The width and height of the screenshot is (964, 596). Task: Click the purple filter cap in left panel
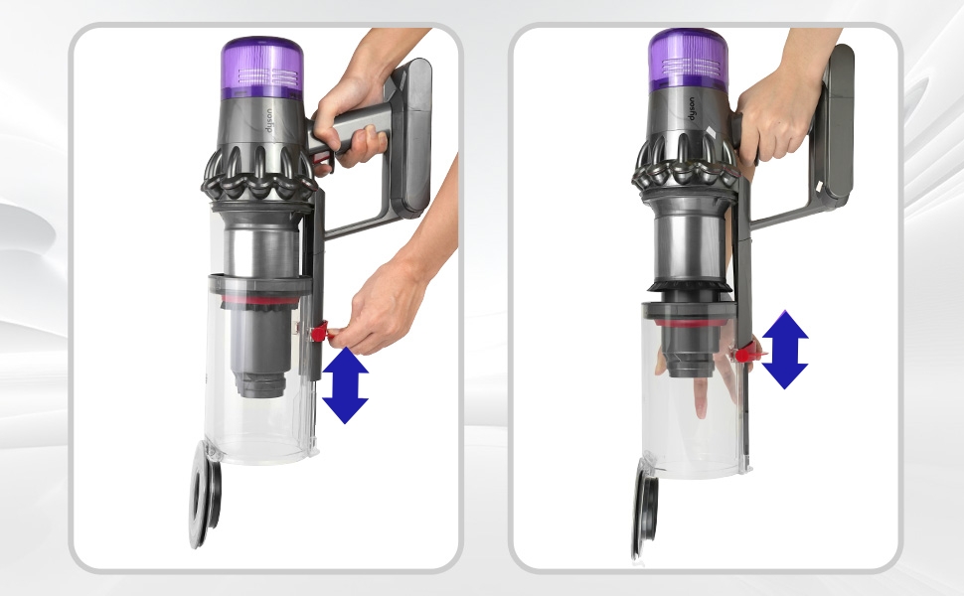click(261, 68)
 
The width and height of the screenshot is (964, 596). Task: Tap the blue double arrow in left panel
click(345, 384)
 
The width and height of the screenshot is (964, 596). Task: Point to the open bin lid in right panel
click(641, 517)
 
